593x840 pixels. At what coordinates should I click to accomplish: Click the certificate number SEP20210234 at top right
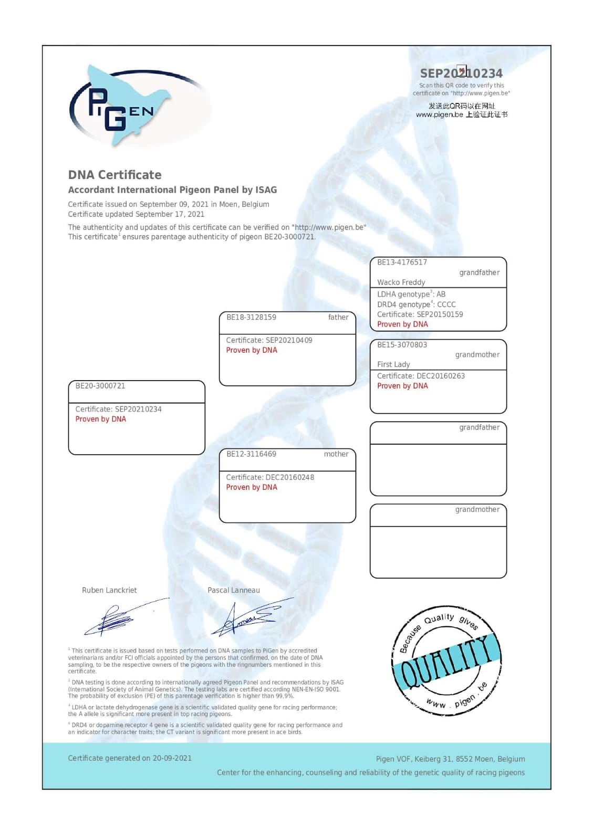[x=461, y=73]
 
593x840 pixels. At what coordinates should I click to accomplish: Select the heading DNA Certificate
[x=115, y=175]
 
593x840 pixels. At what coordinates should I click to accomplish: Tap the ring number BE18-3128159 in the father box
[x=251, y=317]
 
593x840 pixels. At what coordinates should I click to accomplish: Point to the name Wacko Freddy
[x=401, y=282]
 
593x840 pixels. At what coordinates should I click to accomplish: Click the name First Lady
[x=393, y=364]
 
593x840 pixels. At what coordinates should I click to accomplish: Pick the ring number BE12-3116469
[x=251, y=454]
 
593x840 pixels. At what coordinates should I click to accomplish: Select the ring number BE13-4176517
[x=402, y=262]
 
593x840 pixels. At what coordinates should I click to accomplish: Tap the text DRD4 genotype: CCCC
[x=416, y=304]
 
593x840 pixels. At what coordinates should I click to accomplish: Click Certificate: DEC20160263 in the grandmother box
[x=421, y=376]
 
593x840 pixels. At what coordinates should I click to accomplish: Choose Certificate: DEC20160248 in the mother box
[x=270, y=477]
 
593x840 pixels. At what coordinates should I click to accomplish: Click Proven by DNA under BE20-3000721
[x=100, y=419]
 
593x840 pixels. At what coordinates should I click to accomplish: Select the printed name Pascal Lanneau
[x=233, y=590]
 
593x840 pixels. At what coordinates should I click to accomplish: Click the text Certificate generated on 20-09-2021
[x=130, y=758]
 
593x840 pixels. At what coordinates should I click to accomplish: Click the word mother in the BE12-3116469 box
[x=336, y=454]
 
